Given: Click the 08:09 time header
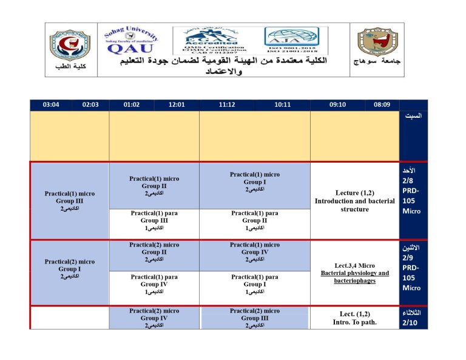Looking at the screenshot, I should tap(382, 105).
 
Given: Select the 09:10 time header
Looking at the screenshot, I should tap(337, 105).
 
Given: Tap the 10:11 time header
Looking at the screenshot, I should tap(282, 105).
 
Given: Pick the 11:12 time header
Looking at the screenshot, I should tap(227, 105).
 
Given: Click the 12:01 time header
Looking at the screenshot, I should tap(177, 105).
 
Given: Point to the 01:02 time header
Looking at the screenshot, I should tap(131, 105).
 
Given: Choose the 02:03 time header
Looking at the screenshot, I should tap(90, 105).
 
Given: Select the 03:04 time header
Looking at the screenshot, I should tap(51, 105).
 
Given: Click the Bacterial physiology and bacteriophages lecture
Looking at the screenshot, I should tap(355, 273).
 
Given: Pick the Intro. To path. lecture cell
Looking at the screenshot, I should tap(355, 318).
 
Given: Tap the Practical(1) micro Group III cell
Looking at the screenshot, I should tap(70, 200).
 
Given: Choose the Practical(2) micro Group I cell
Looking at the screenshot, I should tap(70, 269).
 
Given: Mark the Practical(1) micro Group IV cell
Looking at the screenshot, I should tap(255, 252).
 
